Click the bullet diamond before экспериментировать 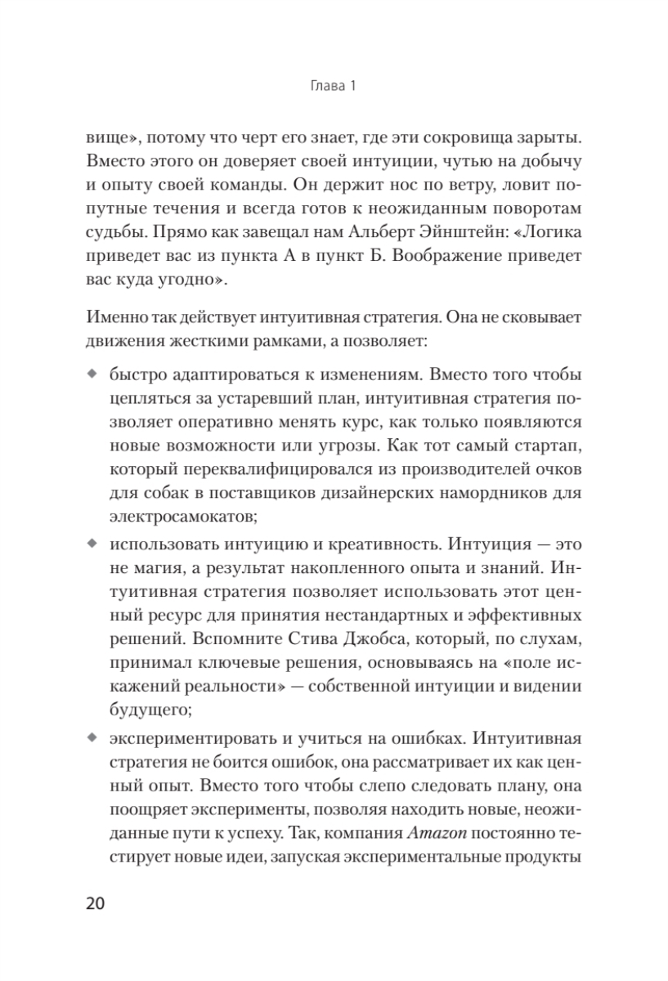pyautogui.click(x=91, y=740)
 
